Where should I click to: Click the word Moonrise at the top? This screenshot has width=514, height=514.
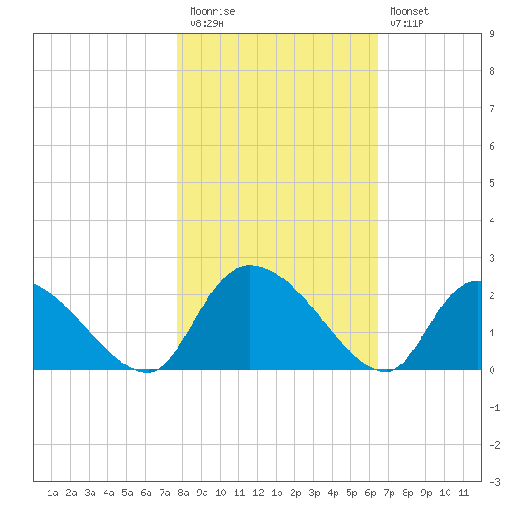click(x=212, y=12)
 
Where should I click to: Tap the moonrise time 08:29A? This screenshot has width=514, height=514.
click(x=207, y=23)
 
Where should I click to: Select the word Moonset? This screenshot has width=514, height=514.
click(x=409, y=12)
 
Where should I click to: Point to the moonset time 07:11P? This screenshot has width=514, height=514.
click(x=407, y=23)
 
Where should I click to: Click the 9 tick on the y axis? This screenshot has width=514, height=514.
click(x=492, y=34)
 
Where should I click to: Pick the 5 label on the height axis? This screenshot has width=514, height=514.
click(x=492, y=183)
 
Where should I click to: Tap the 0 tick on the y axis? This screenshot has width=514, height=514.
click(x=492, y=370)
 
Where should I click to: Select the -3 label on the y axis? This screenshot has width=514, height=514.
click(x=494, y=482)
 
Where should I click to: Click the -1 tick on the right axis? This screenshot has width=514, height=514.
click(x=494, y=407)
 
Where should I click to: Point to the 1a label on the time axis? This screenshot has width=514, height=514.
click(x=52, y=493)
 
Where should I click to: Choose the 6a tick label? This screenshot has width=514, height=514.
click(x=146, y=493)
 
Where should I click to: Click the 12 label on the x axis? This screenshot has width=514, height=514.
click(x=258, y=493)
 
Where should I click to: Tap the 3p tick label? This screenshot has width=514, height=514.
click(x=314, y=493)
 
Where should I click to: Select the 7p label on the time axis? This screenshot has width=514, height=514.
click(x=389, y=493)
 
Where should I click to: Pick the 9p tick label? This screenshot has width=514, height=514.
click(x=426, y=493)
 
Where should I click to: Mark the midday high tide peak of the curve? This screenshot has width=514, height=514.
click(x=250, y=265)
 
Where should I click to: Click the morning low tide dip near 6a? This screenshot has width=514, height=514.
click(x=147, y=372)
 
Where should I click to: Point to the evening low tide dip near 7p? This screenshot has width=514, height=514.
click(x=387, y=371)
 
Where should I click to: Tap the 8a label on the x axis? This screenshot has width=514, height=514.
click(x=183, y=493)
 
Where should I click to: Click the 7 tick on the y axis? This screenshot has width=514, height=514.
click(x=492, y=108)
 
